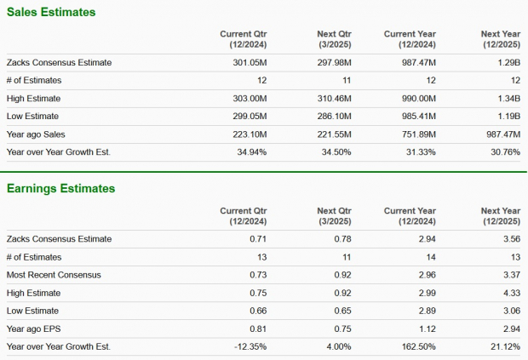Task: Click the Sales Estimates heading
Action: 50,13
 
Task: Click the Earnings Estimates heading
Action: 60,188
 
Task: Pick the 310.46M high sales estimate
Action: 333,98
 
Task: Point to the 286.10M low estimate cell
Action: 333,116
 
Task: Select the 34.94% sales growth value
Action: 250,151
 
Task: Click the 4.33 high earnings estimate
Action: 511,293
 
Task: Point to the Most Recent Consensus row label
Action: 55,275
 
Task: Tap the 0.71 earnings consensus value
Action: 257,239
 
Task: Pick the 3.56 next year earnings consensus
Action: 511,239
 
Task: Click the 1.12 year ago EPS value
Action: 428,329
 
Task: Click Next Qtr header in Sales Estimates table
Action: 334,38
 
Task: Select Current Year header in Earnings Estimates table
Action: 410,215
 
